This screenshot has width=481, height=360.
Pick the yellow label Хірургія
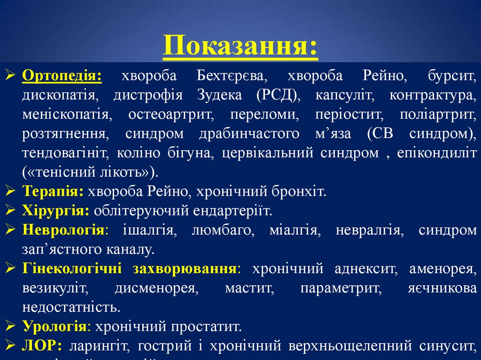[55, 211]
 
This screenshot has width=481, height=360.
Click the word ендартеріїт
[232, 211]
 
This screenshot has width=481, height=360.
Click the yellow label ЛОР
[39, 346]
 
